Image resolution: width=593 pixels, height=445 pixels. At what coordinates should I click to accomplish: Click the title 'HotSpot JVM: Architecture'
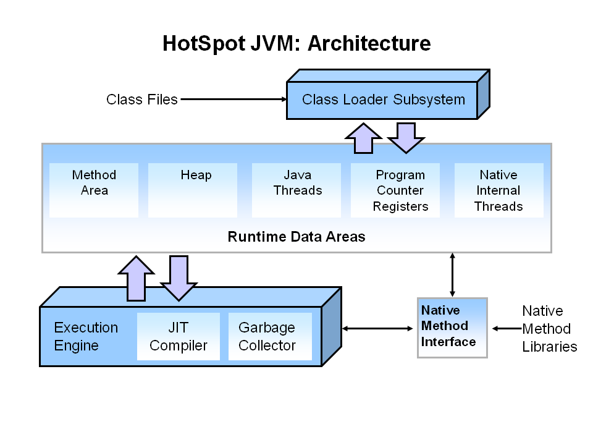pyautogui.click(x=296, y=44)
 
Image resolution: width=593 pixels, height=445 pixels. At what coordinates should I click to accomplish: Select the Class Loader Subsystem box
pyautogui.click(x=382, y=100)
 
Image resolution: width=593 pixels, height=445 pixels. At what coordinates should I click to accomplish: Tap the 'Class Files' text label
pyautogui.click(x=141, y=99)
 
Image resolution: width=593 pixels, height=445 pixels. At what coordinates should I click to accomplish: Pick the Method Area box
pyautogui.click(x=94, y=190)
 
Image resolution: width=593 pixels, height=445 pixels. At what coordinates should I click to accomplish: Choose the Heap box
pyautogui.click(x=193, y=190)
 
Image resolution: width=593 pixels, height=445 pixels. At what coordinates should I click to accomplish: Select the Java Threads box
pyautogui.click(x=296, y=190)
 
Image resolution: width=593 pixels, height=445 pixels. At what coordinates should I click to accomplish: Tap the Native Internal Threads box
pyautogui.click(x=498, y=190)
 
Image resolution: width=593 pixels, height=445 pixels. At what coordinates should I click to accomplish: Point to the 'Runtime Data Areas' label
pyautogui.click(x=296, y=237)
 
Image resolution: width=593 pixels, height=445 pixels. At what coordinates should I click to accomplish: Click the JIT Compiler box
pyautogui.click(x=178, y=336)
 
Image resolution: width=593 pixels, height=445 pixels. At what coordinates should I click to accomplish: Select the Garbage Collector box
pyautogui.click(x=270, y=336)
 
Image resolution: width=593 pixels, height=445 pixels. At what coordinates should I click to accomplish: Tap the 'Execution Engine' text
pyautogui.click(x=85, y=336)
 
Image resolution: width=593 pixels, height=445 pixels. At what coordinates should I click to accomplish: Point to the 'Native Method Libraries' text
pyautogui.click(x=549, y=328)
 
